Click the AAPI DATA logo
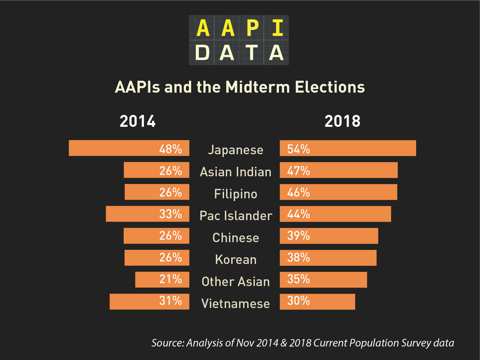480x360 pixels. tap(239, 40)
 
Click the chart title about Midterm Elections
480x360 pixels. tap(240, 87)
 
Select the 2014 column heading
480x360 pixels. tap(138, 121)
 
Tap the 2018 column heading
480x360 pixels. tap(342, 121)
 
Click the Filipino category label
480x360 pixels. tap(235, 194)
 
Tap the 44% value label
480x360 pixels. tap(299, 214)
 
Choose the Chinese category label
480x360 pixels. tap(235, 237)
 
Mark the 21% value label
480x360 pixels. tap(171, 279)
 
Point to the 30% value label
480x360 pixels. tap(299, 301)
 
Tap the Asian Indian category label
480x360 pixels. tap(235, 172)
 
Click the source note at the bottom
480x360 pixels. tap(302, 343)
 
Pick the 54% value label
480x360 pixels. tap(299, 149)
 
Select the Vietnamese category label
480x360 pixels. tap(235, 303)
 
